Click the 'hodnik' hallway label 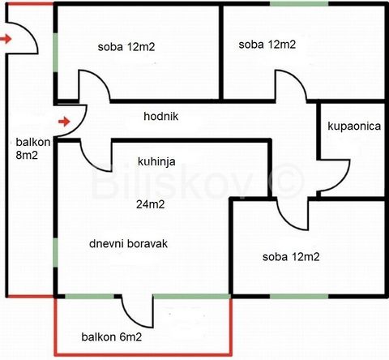tap(161, 117)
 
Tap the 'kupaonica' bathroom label tap(354, 126)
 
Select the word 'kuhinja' tap(156, 161)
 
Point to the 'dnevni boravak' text tap(128, 244)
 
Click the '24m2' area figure tap(151, 204)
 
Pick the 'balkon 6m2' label tap(112, 337)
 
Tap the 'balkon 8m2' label tap(33, 148)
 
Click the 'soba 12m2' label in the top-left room tap(126, 47)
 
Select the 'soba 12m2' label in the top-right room tap(267, 45)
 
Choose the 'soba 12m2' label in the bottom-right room tap(291, 257)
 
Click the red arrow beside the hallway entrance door tap(64, 122)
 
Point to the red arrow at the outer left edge tap(6, 39)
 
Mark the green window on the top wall tap(299, 4)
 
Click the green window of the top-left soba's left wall tap(55, 53)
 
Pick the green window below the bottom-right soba tap(299, 297)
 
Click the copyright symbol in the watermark tap(287, 180)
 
